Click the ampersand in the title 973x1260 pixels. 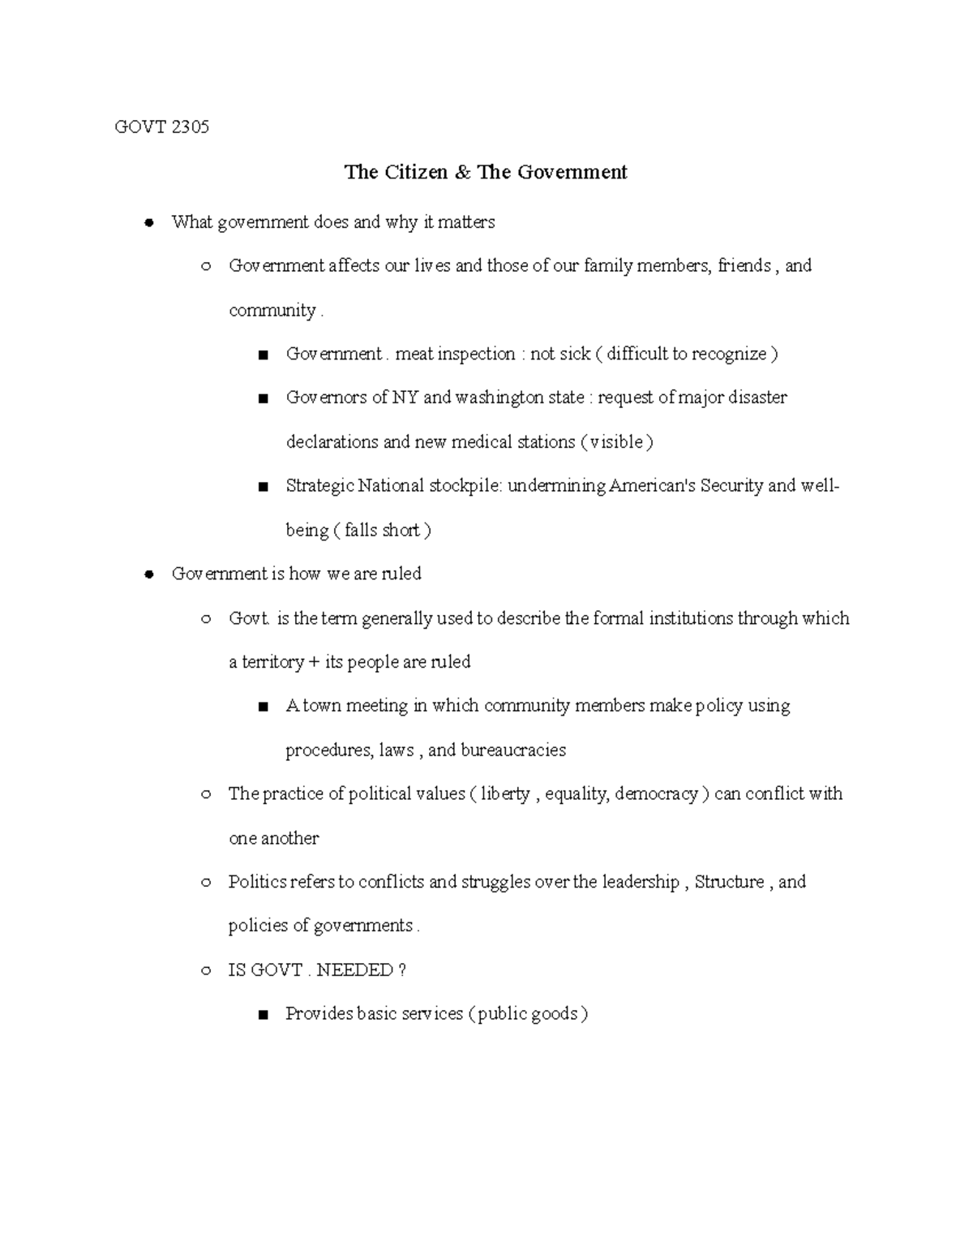462,172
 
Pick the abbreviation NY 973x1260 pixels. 405,398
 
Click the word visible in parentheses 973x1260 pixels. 616,442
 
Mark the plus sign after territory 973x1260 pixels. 314,662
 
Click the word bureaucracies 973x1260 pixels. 513,750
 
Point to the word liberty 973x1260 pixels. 504,794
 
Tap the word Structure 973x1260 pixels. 729,882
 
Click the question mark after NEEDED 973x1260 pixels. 403,970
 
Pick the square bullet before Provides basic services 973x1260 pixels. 262,1015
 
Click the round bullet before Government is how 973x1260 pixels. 148,575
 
